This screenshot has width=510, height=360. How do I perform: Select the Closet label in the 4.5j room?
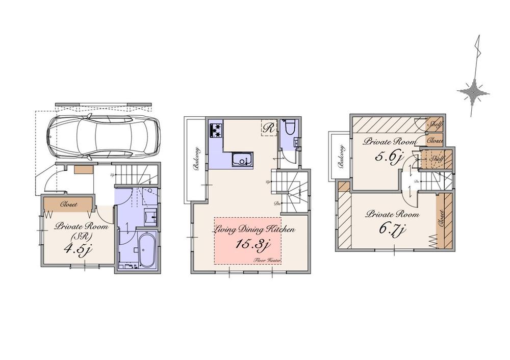point(69,204)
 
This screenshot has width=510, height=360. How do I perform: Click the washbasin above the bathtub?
point(150,217)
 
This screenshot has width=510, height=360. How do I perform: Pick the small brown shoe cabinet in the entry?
point(83,169)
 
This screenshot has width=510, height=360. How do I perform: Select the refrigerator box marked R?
point(268,128)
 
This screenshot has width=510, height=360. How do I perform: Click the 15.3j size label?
point(252,245)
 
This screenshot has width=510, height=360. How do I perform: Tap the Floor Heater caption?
point(269,260)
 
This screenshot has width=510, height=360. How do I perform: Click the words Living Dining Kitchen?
point(254,229)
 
